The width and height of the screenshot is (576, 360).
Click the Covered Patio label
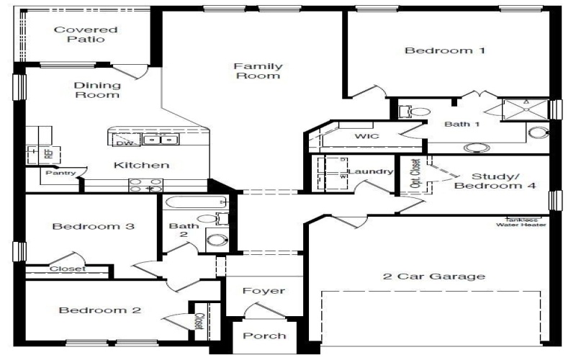pyautogui.click(x=86, y=35)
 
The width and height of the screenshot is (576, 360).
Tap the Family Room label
pyautogui.click(x=258, y=71)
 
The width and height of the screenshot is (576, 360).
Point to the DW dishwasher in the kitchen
pyautogui.click(x=123, y=143)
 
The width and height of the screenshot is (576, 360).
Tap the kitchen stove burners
pyautogui.click(x=145, y=185)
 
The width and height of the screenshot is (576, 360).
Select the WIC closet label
pyautogui.click(x=366, y=136)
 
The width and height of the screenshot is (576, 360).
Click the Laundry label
pyautogui.click(x=371, y=171)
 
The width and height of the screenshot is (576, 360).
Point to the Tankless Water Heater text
pyautogui.click(x=520, y=222)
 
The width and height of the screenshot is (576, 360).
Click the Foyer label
pyautogui.click(x=264, y=291)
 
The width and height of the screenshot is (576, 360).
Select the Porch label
pyautogui.click(x=264, y=336)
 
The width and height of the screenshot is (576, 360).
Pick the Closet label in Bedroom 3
pyautogui.click(x=67, y=269)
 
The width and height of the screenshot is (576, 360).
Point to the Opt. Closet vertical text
pyautogui.click(x=415, y=173)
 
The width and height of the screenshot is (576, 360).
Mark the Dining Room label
pyautogui.click(x=96, y=89)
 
